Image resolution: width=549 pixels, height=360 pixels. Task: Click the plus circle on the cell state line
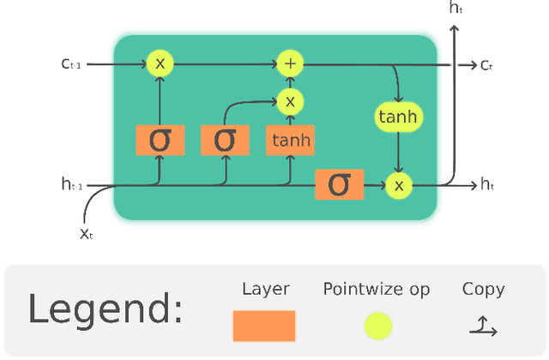pyautogui.click(x=290, y=63)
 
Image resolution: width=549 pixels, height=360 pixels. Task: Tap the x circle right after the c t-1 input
pyautogui.click(x=160, y=63)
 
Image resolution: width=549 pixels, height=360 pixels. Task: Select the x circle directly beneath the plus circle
pyautogui.click(x=290, y=102)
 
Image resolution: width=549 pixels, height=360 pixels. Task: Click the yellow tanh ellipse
pyautogui.click(x=399, y=117)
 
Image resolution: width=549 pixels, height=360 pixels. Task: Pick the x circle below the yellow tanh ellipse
pyautogui.click(x=399, y=184)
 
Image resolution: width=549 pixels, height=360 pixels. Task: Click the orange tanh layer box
pyautogui.click(x=290, y=140)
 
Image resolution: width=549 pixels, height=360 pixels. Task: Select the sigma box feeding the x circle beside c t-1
pyautogui.click(x=160, y=140)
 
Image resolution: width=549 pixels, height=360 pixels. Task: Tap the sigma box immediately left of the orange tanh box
pyautogui.click(x=225, y=140)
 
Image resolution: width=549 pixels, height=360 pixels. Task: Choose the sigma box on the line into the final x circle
pyautogui.click(x=340, y=184)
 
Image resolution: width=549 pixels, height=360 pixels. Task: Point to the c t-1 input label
pyautogui.click(x=72, y=63)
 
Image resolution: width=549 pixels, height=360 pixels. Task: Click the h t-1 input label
pyautogui.click(x=73, y=184)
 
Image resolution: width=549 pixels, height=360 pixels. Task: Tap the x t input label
pyautogui.click(x=87, y=234)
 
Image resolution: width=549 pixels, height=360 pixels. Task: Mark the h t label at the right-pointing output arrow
pyautogui.click(x=488, y=184)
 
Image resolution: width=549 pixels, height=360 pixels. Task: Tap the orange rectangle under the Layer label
pyautogui.click(x=264, y=327)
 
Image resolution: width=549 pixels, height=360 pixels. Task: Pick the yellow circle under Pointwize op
pyautogui.click(x=377, y=327)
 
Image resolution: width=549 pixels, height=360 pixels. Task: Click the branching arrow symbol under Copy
pyautogui.click(x=483, y=326)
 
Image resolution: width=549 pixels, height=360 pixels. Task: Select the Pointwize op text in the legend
pyautogui.click(x=377, y=290)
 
